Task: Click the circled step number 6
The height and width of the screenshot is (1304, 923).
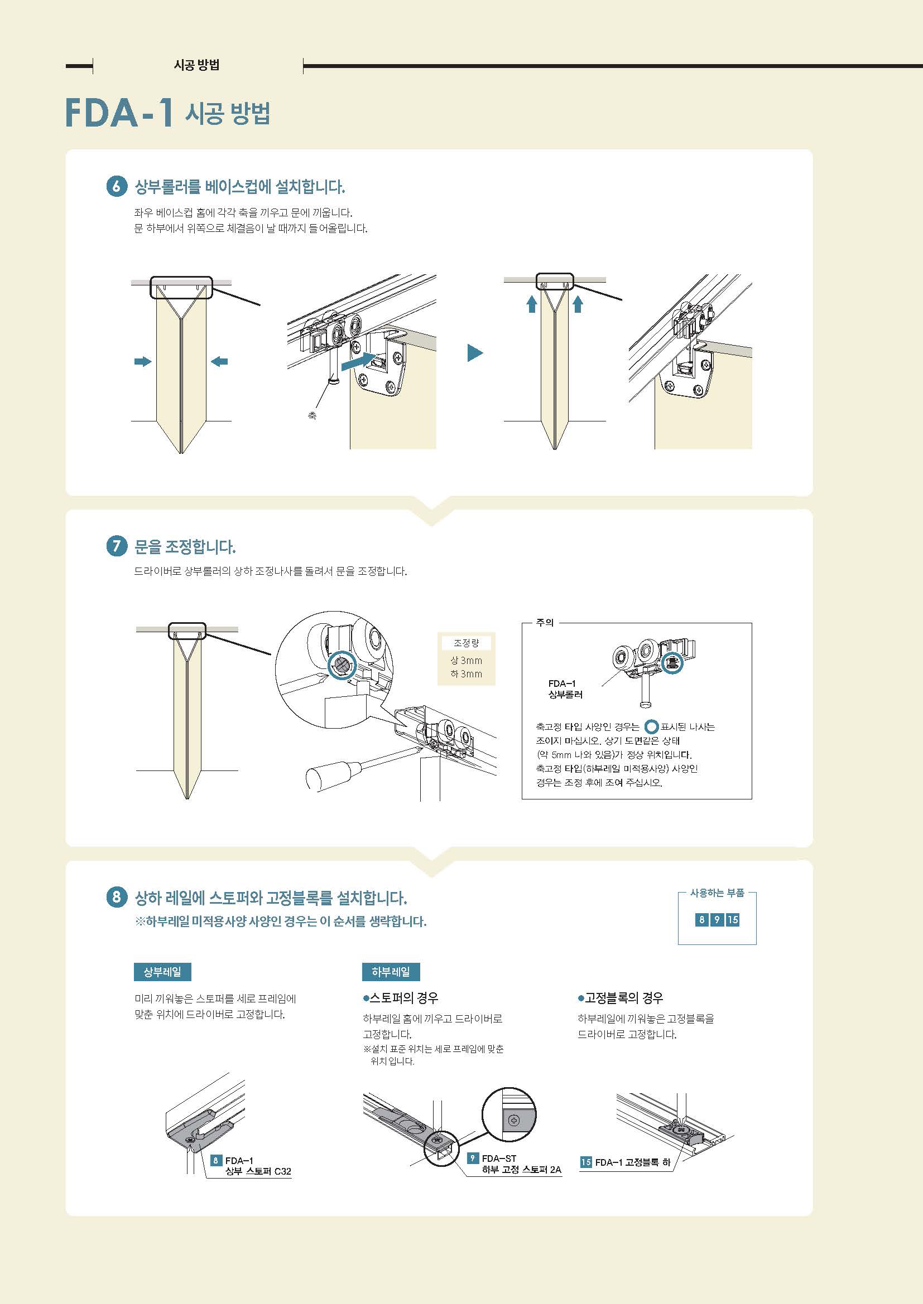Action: coord(117,186)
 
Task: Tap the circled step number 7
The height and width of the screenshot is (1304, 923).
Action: coord(117,546)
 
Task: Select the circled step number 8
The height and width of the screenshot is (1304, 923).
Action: coord(117,897)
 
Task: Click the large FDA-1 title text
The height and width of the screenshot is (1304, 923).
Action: coord(119,113)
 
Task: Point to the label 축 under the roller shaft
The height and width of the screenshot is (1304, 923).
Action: coord(312,415)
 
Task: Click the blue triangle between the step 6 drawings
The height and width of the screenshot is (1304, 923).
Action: coord(474,353)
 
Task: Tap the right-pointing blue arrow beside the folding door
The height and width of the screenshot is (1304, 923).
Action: coord(143,361)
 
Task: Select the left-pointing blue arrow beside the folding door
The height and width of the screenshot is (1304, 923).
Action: coord(219,361)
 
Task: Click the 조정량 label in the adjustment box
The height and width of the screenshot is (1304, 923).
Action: coord(466,643)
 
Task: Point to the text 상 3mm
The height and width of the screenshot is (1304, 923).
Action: coord(466,661)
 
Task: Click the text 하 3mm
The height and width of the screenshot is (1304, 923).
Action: coord(466,674)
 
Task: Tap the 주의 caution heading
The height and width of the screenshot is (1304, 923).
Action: coord(545,623)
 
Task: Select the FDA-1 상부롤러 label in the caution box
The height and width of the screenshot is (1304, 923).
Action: coord(565,689)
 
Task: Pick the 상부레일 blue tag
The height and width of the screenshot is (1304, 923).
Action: coord(162,972)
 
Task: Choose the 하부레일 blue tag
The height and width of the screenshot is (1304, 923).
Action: coord(391,972)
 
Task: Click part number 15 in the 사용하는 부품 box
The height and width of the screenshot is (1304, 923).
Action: coord(733,919)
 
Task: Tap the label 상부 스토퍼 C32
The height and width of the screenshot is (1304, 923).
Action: coord(258,1171)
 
